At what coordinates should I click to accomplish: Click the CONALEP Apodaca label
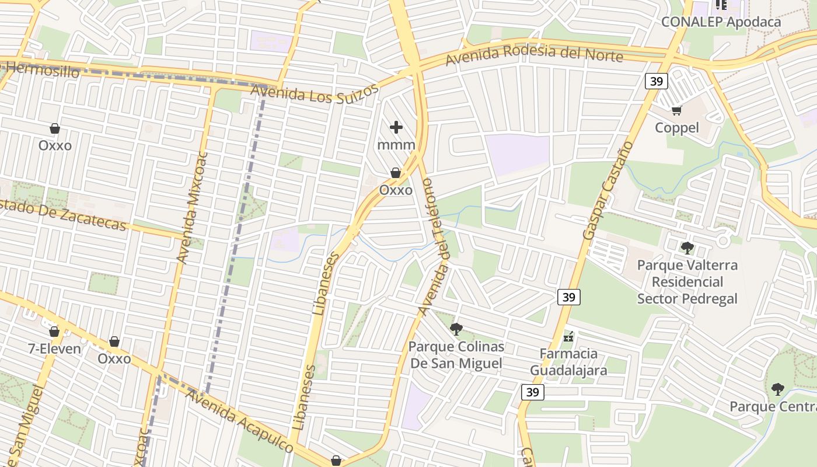(721, 22)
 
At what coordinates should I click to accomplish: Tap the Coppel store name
(676, 127)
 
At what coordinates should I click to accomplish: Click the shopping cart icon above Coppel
(677, 110)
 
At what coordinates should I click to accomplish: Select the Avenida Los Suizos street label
(315, 93)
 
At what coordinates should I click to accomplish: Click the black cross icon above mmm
(396, 127)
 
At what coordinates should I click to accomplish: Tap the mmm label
(396, 145)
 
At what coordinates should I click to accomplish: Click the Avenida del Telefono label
(434, 245)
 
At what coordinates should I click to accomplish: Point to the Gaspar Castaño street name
(608, 190)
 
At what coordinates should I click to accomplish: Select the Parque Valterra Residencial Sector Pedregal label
(687, 282)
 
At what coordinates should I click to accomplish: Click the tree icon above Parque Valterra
(687, 248)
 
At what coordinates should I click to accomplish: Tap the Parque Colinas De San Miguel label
(456, 355)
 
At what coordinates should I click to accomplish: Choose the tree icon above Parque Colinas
(456, 329)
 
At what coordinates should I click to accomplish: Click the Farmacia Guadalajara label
(568, 362)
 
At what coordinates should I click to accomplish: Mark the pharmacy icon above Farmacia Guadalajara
(568, 337)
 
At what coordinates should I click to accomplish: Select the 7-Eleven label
(55, 349)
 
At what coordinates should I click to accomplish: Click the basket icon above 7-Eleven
(54, 332)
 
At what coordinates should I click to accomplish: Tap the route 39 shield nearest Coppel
(657, 81)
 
